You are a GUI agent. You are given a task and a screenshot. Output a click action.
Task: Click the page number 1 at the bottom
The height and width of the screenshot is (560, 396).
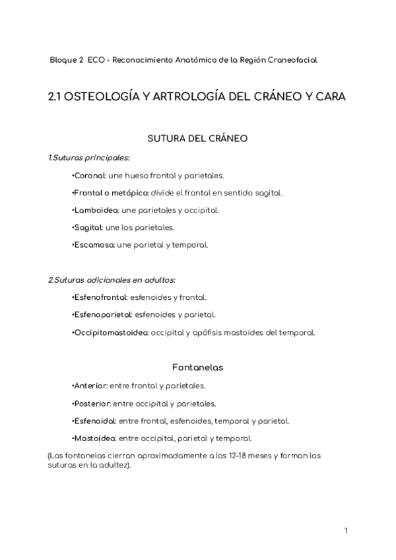coord(346,530)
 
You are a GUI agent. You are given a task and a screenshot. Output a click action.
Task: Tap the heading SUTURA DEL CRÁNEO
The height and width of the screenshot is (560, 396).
coord(199,139)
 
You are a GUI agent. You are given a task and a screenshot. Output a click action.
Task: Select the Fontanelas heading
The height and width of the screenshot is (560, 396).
coord(198,367)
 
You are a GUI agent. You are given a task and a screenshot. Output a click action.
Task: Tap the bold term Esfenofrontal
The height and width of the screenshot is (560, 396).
coord(98,297)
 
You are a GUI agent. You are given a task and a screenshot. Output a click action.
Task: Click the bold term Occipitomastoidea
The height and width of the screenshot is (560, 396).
coord(110,332)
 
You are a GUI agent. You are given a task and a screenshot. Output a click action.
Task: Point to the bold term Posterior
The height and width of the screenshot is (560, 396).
coord(90,403)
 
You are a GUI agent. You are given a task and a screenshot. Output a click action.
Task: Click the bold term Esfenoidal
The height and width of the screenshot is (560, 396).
coord(94,421)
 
